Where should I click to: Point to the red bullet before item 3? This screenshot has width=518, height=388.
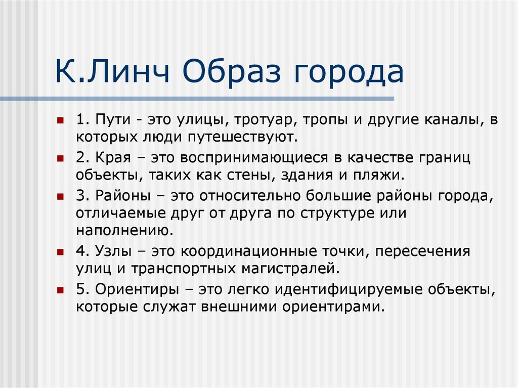point(60,196)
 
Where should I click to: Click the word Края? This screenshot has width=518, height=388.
point(111,158)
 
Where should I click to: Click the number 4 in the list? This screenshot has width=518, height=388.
point(80,251)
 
